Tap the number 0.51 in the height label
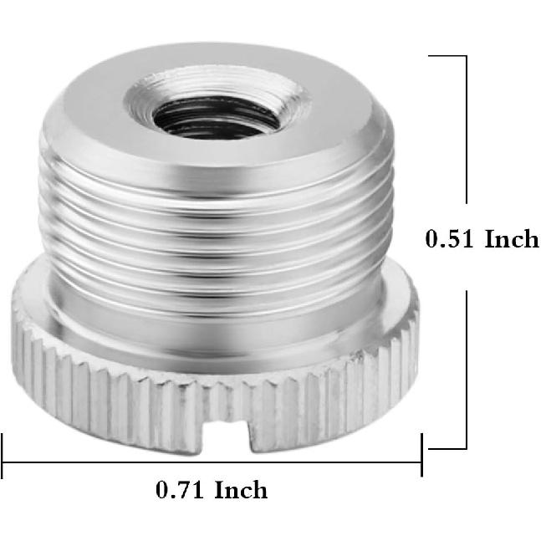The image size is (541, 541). point(451,239)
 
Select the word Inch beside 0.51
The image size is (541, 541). point(512,239)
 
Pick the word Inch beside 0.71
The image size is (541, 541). point(241,488)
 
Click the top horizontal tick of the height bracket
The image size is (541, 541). point(447,56)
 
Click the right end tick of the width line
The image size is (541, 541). point(421,457)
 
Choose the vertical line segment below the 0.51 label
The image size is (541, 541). point(466,368)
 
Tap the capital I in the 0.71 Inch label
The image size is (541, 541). point(219,488)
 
